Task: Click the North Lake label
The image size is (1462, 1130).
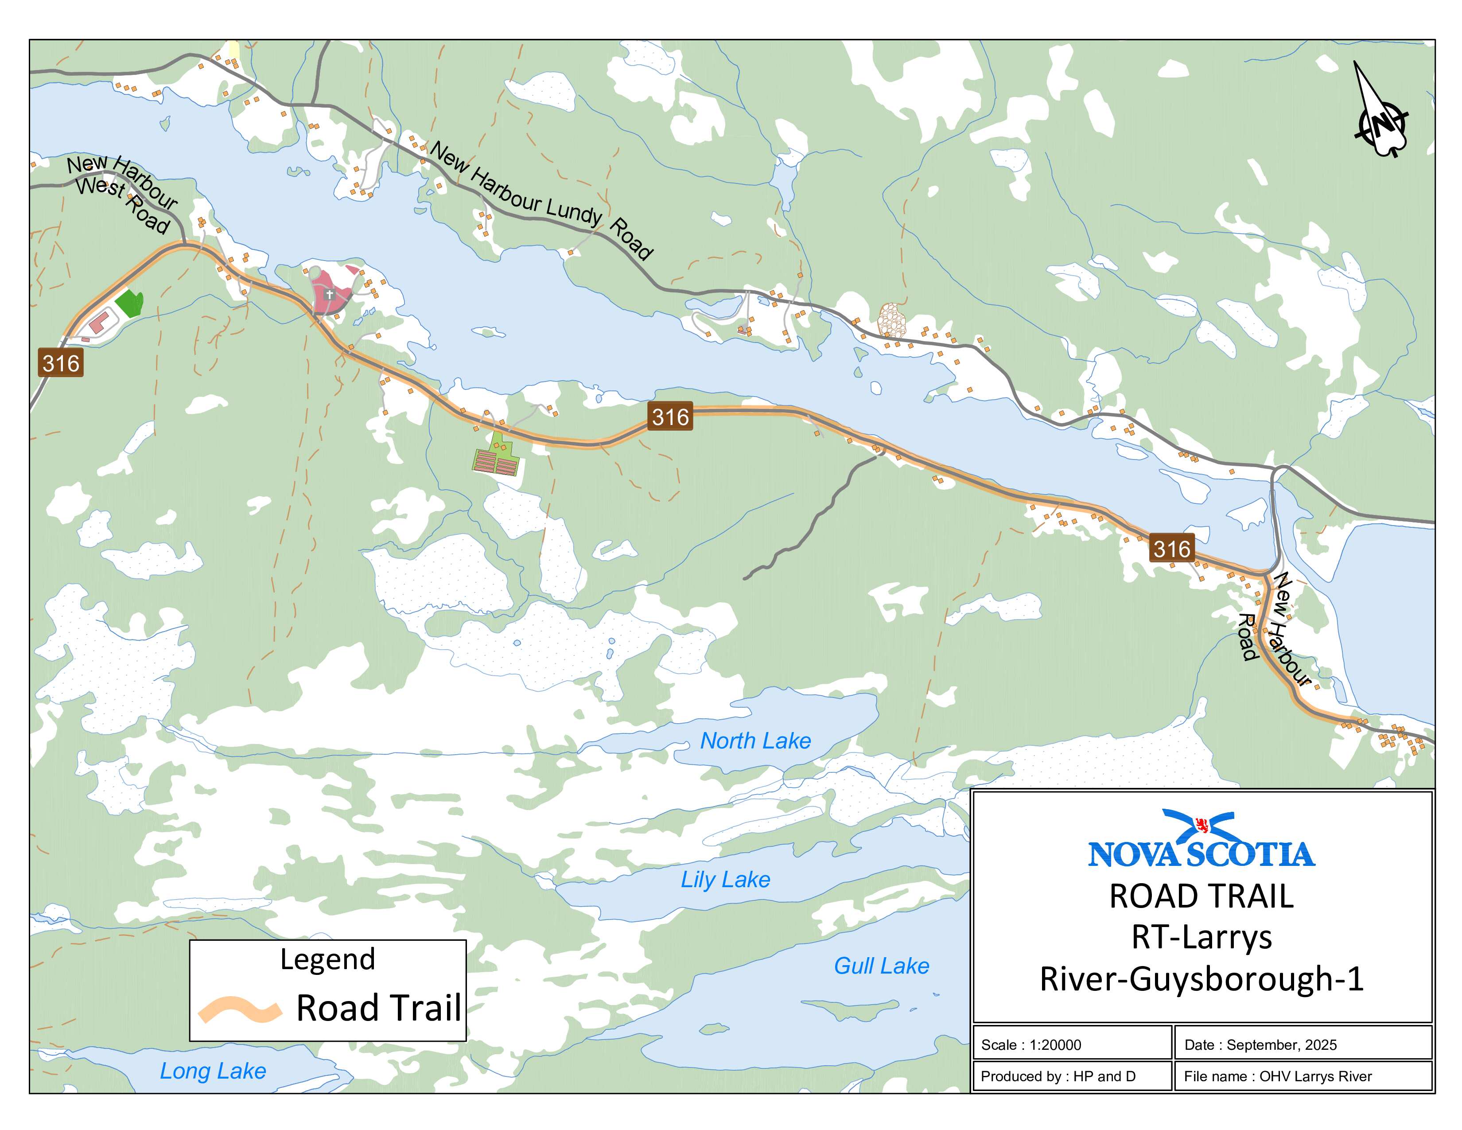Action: point(755,740)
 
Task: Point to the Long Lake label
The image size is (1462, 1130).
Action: point(212,1071)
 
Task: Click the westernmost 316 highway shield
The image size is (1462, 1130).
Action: point(61,363)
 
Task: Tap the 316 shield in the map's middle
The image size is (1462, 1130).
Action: point(670,417)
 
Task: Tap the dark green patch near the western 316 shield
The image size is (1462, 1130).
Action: point(130,303)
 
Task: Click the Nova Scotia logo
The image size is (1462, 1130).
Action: point(1201,840)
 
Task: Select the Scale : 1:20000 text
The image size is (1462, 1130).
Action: point(1031,1044)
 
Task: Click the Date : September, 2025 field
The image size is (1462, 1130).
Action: point(1260,1044)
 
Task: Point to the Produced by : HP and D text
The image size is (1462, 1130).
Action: point(1058,1076)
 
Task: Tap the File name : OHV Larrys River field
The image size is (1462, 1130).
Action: point(1277,1076)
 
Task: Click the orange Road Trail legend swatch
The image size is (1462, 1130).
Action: point(239,1009)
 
